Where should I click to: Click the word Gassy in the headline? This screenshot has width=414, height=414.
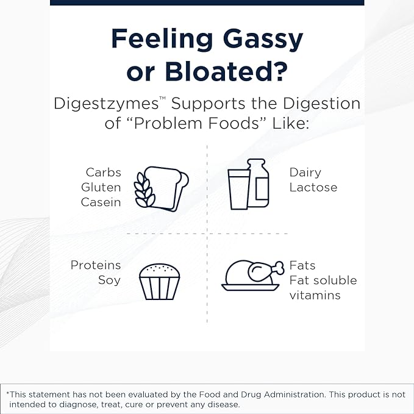pyautogui.click(x=263, y=40)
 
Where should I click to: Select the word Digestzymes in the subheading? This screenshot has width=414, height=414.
pyautogui.click(x=106, y=104)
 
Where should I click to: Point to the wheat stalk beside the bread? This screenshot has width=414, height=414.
pyautogui.click(x=144, y=190)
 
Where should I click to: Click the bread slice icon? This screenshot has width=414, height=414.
pyautogui.click(x=166, y=188)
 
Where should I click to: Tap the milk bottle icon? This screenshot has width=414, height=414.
pyautogui.click(x=258, y=183)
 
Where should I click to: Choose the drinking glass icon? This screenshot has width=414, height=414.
pyautogui.click(x=239, y=190)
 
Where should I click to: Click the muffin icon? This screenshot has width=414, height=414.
pyautogui.click(x=160, y=282)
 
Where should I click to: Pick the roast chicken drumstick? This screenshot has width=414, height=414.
pyautogui.click(x=266, y=271)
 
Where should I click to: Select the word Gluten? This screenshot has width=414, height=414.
pyautogui.click(x=101, y=187)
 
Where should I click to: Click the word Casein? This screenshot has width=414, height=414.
pyautogui.click(x=101, y=202)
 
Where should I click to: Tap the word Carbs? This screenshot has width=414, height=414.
pyautogui.click(x=104, y=173)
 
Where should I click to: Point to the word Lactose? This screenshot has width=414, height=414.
pyautogui.click(x=313, y=187)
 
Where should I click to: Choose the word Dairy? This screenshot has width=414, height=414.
pyautogui.click(x=305, y=173)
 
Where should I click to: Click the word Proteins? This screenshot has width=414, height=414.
pyautogui.click(x=96, y=265)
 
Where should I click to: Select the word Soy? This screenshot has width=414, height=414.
pyautogui.click(x=109, y=280)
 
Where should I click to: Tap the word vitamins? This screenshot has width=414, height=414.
pyautogui.click(x=315, y=295)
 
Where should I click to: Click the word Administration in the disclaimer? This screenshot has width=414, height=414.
pyautogui.click(x=294, y=394)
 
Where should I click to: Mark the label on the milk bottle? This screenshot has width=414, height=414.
pyautogui.click(x=262, y=188)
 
